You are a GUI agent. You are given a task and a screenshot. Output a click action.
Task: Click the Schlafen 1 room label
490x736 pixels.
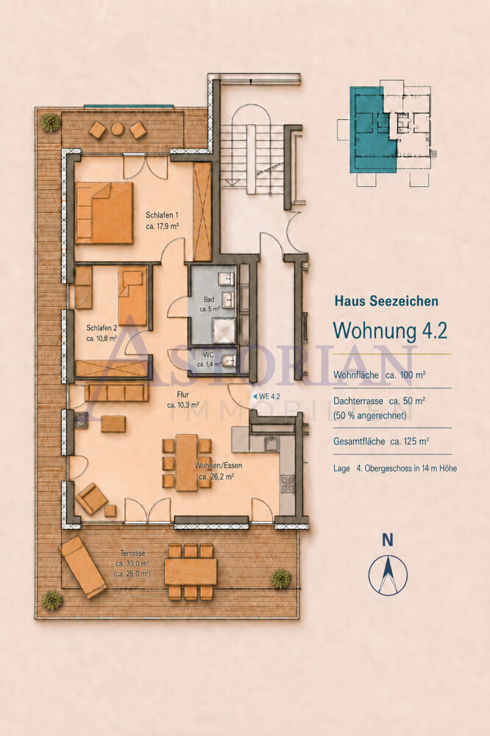[163, 220]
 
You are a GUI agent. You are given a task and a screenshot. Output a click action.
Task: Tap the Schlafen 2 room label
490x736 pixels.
[102, 333]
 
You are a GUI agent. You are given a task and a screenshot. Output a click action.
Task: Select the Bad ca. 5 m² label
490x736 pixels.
[210, 304]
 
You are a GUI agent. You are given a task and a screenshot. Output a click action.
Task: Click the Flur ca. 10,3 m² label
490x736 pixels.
[183, 400]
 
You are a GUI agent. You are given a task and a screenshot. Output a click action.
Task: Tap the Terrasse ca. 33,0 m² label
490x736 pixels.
[132, 564]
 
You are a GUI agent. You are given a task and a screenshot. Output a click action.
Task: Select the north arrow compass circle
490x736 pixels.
[388, 576]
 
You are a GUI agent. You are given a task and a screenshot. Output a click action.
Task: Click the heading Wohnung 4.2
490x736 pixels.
[390, 330]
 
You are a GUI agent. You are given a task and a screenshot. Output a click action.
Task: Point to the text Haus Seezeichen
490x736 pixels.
[386, 301]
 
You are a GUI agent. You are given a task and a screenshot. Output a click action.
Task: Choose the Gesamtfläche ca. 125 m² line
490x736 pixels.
[382, 442]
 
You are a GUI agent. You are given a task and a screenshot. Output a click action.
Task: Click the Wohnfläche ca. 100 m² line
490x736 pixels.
[380, 375]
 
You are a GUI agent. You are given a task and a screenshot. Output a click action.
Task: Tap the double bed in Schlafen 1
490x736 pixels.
[104, 213]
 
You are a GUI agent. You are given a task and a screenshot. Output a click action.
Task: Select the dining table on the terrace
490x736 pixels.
[191, 571]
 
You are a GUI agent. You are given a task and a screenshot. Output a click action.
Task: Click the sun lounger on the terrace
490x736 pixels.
[82, 567]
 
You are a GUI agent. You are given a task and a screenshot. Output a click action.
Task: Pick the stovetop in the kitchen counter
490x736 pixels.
[287, 484]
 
